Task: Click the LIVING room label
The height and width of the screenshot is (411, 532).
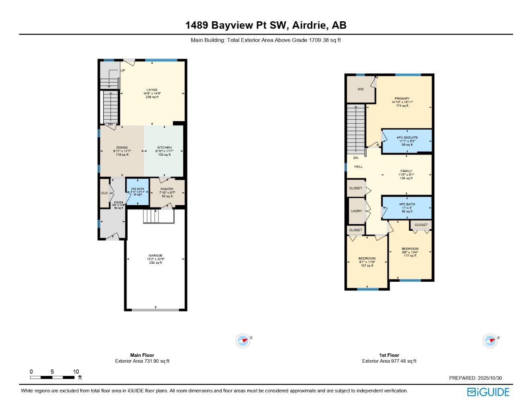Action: pos(152,90)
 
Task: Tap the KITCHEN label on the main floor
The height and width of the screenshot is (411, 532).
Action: pos(164,148)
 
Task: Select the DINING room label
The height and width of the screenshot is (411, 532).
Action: pos(122,148)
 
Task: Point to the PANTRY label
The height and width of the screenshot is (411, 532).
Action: pos(167,189)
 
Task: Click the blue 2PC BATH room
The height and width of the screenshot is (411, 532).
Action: pos(138,192)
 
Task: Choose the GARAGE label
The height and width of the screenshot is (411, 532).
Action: pos(155,256)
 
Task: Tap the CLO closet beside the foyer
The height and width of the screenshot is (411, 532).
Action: pos(104,193)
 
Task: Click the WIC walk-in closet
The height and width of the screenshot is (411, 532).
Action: pos(361,89)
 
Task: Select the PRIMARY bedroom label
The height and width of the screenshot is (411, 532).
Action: pos(402,99)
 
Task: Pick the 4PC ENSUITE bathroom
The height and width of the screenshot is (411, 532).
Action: pos(407,138)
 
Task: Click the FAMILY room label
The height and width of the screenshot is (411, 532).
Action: pos(406,171)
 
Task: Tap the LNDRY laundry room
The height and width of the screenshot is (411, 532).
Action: pos(356,211)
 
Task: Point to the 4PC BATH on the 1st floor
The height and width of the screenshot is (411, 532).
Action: pos(407,204)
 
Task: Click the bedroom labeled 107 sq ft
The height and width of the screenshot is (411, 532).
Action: pos(367,258)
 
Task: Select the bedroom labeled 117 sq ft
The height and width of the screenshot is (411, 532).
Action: pos(410,249)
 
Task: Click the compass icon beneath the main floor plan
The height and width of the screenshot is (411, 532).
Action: pos(243,341)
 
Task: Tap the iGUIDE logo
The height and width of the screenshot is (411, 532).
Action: pos(488,392)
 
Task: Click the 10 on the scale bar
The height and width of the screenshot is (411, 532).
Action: pos(76,372)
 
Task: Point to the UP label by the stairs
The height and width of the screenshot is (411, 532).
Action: pos(123,71)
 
